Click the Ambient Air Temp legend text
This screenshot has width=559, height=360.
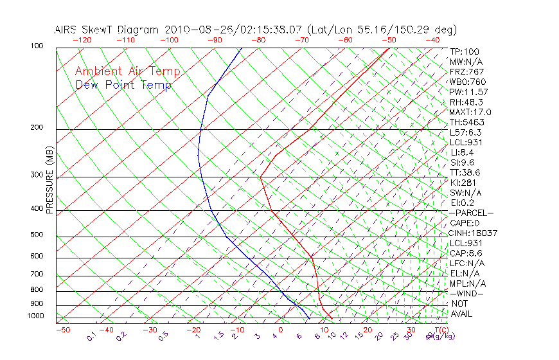tap(127, 71)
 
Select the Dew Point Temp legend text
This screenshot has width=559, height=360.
tap(123, 85)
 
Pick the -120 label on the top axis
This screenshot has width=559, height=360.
tap(82, 40)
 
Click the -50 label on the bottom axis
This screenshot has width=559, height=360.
tap(62, 330)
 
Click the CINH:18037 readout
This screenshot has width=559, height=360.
tap(474, 233)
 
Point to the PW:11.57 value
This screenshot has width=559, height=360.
tap(467, 92)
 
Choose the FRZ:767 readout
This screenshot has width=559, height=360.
tap(467, 71)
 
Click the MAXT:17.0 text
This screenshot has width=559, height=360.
tap(471, 112)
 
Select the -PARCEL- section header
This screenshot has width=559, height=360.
tap(471, 213)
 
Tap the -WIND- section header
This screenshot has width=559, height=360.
tap(467, 293)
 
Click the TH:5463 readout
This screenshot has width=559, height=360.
tap(467, 122)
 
